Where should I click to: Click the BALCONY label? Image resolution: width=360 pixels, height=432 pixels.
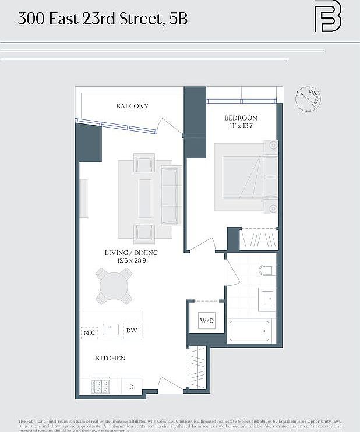pos(132,106)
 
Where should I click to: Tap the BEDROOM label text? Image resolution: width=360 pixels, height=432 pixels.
pos(241,118)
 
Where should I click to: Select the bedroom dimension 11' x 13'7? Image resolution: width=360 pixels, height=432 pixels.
pos(241,126)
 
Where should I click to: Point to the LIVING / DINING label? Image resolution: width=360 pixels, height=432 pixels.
pos(131,253)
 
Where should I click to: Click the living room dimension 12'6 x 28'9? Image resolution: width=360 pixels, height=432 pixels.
pos(131,260)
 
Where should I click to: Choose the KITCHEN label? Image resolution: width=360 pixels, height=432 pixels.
pos(111,358)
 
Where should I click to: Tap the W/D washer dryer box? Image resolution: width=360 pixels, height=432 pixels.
pos(207,320)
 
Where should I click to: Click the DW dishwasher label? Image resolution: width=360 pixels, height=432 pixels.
pos(132,331)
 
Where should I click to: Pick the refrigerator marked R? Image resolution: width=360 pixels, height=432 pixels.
pos(131,386)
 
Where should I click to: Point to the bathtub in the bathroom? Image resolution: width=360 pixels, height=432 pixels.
pos(249,331)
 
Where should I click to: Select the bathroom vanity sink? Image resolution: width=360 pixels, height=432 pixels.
pos(267,299)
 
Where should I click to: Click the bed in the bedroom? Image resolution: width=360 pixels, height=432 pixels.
pos(245,176)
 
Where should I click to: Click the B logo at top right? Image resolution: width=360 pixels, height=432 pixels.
pos(328,19)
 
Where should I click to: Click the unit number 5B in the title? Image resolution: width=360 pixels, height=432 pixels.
pos(179,19)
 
